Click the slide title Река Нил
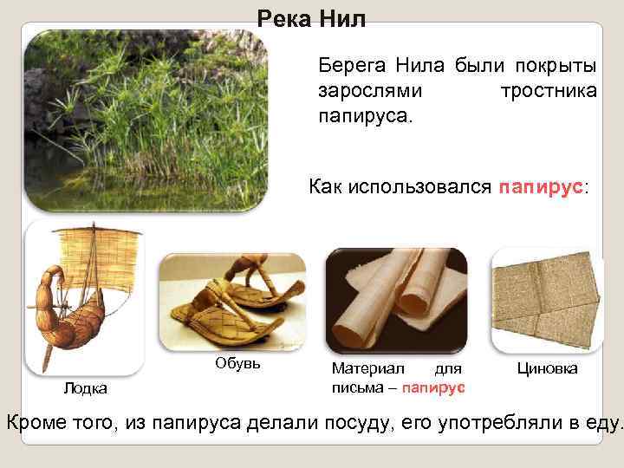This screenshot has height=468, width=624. [x=312, y=19]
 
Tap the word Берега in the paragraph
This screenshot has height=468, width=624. [x=353, y=66]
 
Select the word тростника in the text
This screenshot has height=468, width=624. [x=548, y=90]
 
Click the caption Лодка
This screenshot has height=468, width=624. [x=85, y=387]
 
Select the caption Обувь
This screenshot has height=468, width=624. [x=237, y=361]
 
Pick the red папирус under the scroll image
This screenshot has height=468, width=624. [x=434, y=386]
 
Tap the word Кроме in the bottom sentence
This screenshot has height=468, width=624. [x=40, y=423]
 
